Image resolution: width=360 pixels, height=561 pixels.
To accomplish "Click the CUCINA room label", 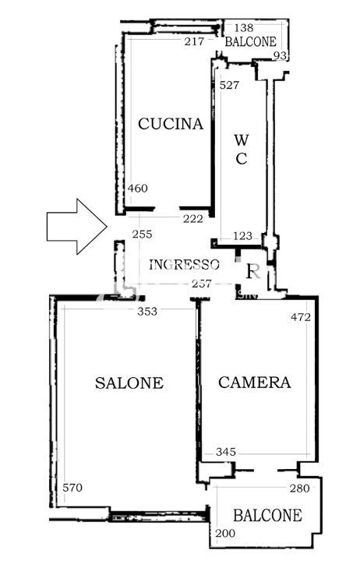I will coord(171,124).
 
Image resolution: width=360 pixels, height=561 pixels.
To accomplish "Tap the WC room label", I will coord(242,150).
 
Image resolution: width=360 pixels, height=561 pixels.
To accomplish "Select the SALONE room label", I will coord(129,383).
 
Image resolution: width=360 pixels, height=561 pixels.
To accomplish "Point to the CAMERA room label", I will coord(254,383).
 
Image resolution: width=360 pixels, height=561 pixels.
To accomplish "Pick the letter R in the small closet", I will coord(252,272).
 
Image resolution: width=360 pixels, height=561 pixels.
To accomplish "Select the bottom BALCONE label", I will coord(267,516).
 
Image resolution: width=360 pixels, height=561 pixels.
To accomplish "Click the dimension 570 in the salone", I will coord(72,488).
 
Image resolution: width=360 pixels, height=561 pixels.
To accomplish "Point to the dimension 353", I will coord(146,312).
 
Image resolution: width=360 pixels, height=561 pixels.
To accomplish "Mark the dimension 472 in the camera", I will coord(301,317).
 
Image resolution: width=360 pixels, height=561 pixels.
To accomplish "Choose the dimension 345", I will coord(225,452).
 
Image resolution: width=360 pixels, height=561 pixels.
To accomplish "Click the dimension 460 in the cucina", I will coord(138,188).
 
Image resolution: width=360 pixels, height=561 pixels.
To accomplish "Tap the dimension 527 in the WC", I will coord(229,85).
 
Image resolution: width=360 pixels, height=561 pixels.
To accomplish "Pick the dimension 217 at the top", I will coord(194,41).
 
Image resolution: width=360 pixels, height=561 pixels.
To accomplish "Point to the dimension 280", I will coord(299,489).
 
